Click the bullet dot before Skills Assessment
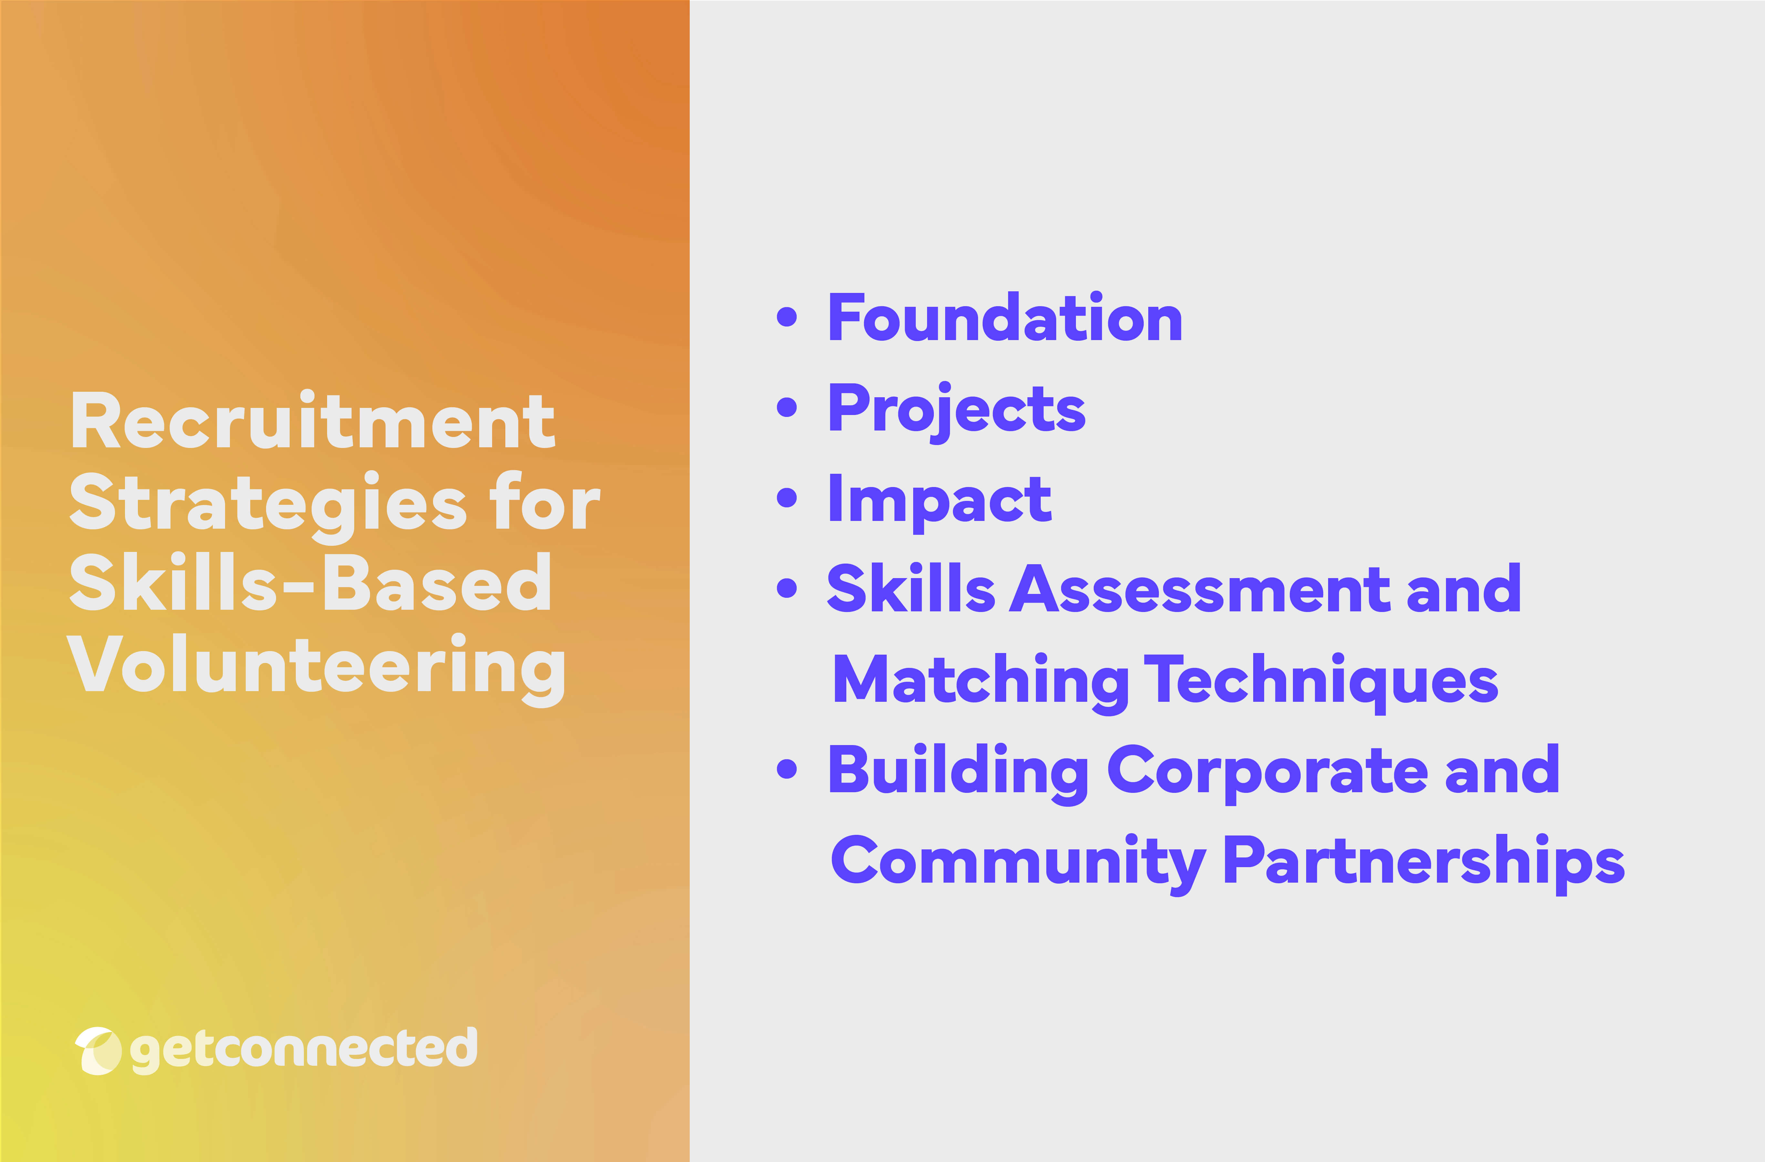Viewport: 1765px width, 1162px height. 787,589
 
